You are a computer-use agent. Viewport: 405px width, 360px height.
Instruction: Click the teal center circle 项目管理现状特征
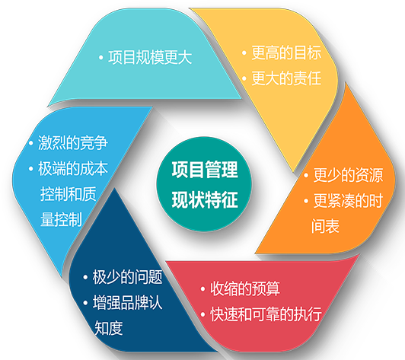pos(204,184)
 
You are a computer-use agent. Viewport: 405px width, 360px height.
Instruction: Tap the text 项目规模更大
pos(150,57)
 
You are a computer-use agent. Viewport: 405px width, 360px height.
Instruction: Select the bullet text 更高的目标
pos(286,53)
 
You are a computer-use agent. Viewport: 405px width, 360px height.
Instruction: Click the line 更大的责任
pos(286,78)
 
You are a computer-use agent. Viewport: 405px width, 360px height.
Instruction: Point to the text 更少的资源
pos(348,175)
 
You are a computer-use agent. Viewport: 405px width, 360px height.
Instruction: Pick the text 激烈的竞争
pos(73,142)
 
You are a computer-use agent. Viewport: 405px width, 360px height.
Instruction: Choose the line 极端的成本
pos(73,168)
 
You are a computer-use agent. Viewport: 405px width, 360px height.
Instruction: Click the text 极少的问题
pos(128,277)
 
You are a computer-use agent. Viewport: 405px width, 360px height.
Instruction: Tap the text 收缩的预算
pos(245,288)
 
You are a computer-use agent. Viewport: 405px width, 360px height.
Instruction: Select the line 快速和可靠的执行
pos(266,314)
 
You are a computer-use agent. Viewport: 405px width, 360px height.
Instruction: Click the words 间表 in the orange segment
pos(325,226)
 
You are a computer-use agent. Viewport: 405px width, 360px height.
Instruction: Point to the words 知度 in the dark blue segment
pos(108,328)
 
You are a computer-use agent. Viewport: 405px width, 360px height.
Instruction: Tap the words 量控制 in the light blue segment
pos(61,219)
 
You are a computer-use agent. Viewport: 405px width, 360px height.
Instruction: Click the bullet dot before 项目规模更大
pos(101,58)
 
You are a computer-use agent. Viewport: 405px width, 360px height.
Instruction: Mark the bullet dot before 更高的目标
pos(244,53)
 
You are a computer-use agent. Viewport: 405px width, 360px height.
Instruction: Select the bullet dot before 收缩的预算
pos(202,288)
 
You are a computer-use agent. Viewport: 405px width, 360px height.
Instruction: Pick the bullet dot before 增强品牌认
pos(85,303)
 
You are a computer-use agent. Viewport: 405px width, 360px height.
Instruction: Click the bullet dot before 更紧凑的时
pos(306,201)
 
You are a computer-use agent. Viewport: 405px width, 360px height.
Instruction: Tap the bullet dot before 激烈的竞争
pos(30,143)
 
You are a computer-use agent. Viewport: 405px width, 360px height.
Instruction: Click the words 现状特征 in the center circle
pos(205,199)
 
